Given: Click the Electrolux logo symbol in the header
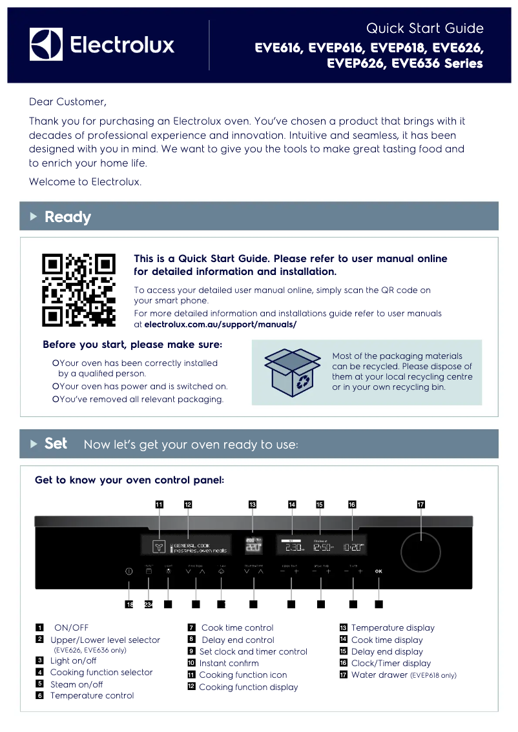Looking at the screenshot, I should tap(46, 45).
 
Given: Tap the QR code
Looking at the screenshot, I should tap(79, 290).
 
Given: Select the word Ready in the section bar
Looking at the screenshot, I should tap(68, 217).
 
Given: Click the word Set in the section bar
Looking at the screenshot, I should tap(56, 444).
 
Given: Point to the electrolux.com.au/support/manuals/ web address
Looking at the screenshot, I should tap(220, 324).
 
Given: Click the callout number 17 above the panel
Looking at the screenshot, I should tap(420, 504).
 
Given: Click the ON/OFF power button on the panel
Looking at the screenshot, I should tap(129, 571).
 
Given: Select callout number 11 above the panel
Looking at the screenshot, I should tap(159, 504).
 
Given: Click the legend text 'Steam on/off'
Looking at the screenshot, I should tap(76, 684).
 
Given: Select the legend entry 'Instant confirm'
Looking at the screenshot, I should tap(229, 663).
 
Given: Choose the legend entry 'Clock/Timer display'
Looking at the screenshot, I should tap(391, 663).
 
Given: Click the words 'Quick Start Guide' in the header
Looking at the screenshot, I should tap(424, 28).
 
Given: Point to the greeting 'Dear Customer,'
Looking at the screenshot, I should tap(67, 102).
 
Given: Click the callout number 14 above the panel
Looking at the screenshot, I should tap(292, 504).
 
